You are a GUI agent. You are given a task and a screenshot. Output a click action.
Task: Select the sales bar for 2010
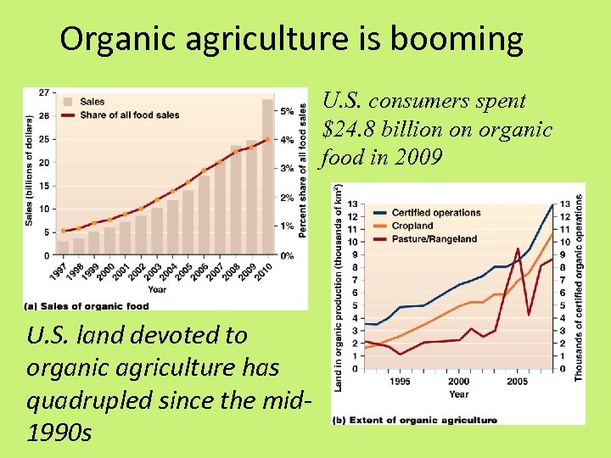click(x=267, y=178)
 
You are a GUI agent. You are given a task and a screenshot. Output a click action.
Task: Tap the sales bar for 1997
click(x=63, y=248)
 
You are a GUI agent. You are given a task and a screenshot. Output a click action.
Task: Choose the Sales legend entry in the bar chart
click(x=92, y=102)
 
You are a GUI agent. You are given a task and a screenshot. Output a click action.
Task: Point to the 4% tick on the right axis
click(x=289, y=139)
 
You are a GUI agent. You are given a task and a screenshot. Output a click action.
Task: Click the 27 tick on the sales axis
click(x=43, y=92)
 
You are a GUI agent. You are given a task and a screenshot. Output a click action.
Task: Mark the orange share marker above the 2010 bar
click(x=267, y=139)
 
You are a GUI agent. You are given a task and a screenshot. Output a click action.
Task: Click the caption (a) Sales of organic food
click(x=87, y=306)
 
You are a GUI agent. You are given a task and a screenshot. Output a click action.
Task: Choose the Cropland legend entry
click(x=412, y=226)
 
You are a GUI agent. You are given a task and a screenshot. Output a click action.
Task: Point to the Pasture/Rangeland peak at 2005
click(x=518, y=249)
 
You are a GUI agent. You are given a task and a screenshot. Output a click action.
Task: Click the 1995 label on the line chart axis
click(x=400, y=382)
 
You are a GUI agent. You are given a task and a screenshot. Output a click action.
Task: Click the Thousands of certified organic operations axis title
click(x=580, y=287)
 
